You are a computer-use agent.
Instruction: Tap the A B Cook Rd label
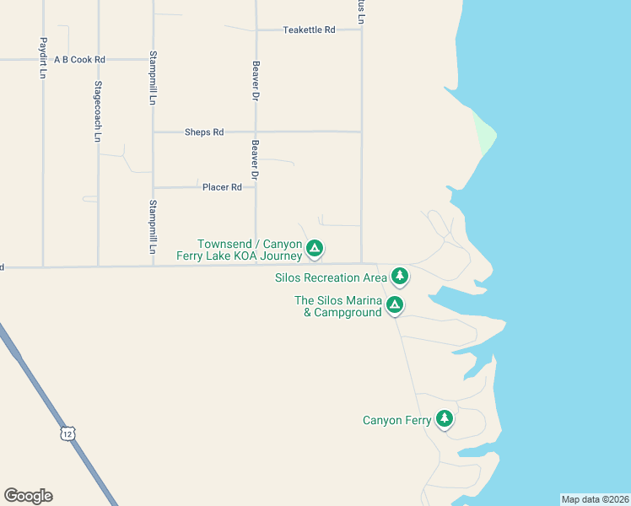point(79,60)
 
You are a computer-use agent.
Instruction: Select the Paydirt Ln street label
point(42,57)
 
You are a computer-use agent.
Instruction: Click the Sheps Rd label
point(205,132)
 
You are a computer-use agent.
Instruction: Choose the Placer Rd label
point(222,187)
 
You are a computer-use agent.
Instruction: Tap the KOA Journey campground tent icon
point(314,248)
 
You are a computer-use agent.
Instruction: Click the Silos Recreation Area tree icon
point(399,276)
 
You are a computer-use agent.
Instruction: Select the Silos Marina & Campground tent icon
point(394,305)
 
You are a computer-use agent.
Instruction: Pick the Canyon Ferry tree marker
point(444,418)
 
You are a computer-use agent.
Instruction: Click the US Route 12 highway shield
point(67,433)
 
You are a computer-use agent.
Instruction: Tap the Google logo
point(28,496)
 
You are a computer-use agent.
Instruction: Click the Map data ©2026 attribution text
point(595,499)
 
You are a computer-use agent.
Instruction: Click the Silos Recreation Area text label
point(331,277)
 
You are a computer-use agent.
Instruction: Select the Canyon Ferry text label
point(396,420)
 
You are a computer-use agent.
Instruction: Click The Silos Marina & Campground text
point(337,306)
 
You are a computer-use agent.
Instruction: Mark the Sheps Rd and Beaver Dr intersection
point(256,132)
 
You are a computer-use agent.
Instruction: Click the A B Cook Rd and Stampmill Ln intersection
point(153,60)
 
